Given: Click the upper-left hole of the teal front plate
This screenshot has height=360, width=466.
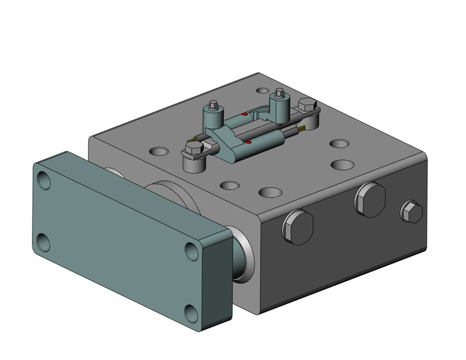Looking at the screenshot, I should (x=44, y=180).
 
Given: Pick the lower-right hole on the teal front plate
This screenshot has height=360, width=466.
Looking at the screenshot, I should (x=191, y=313).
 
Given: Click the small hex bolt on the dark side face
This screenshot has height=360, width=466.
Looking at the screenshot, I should (x=411, y=213).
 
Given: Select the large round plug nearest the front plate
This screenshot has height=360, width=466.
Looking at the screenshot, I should (x=297, y=226).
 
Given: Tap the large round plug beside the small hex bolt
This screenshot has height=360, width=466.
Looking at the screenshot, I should (x=369, y=199).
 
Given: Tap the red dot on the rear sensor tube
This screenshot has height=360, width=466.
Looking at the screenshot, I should (x=244, y=114).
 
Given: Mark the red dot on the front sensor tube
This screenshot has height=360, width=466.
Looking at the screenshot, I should (x=248, y=143).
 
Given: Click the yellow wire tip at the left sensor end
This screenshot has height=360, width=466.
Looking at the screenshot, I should (x=193, y=140).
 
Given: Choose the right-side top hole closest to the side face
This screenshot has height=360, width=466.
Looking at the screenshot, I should (x=342, y=164).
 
